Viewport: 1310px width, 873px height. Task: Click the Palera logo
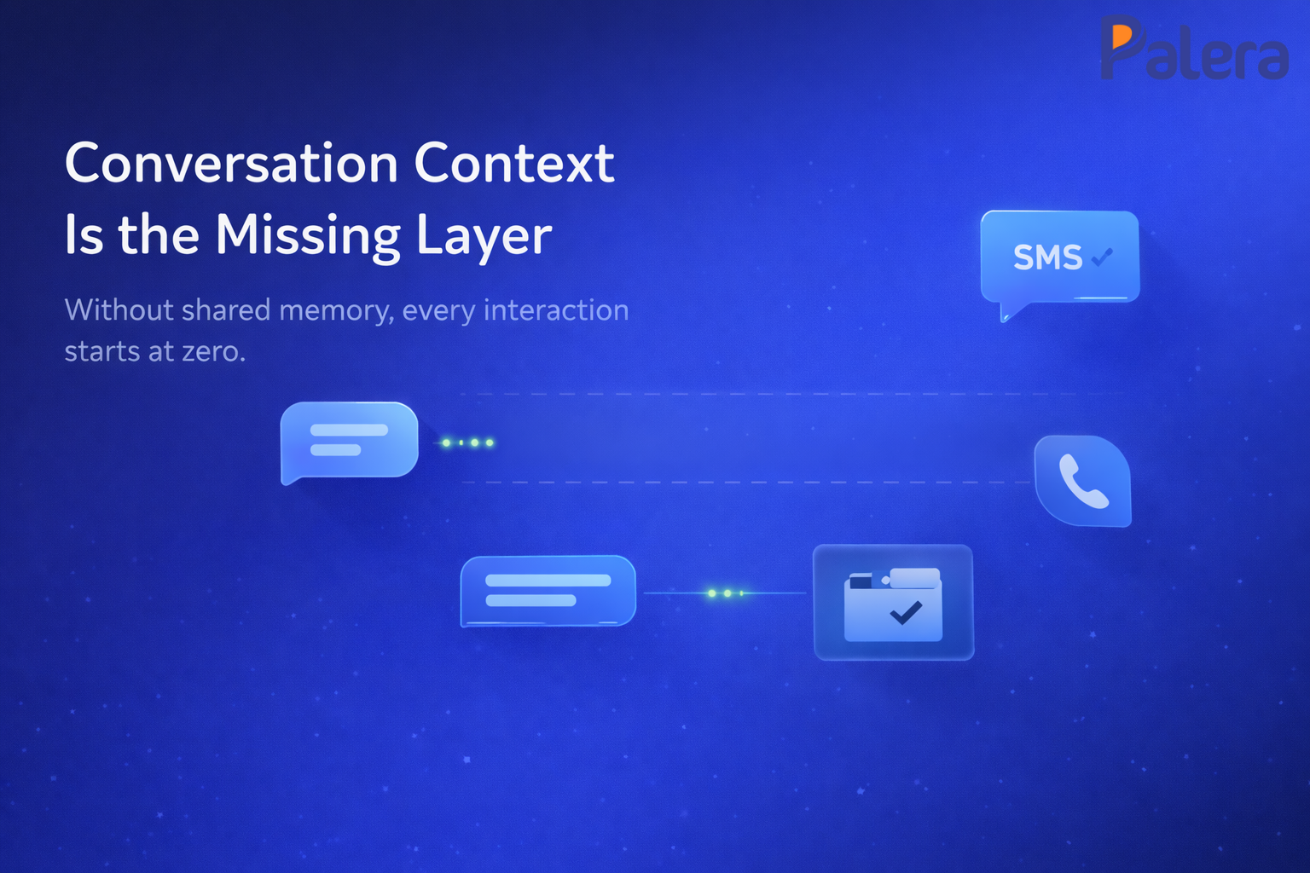coord(1194,49)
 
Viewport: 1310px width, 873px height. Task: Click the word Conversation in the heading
coord(231,163)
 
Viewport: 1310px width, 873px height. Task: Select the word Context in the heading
coord(514,163)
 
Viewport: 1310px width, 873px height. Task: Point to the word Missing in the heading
coord(308,236)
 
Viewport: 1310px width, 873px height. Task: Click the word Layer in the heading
coord(484,236)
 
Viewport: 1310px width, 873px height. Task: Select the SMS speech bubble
coord(1060,257)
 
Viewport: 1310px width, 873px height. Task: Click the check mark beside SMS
coord(1102,256)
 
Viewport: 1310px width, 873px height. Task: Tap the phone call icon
coord(1082,481)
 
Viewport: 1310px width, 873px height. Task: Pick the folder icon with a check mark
coord(893,602)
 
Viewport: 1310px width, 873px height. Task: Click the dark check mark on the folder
coord(905,611)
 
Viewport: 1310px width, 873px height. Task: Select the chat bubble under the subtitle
coord(349,440)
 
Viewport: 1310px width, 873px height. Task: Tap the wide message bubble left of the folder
coord(548,590)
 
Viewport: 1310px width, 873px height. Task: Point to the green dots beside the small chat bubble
coord(467,442)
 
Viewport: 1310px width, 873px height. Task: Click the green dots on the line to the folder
coord(726,593)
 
